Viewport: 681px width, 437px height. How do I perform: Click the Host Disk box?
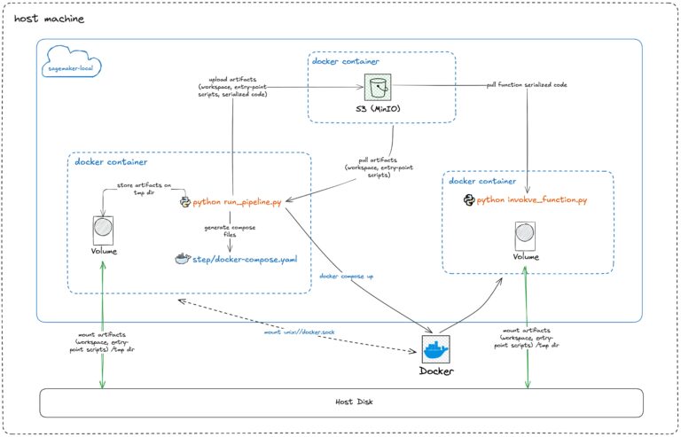[x=341, y=402]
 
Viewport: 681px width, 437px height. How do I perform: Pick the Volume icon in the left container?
[x=104, y=230]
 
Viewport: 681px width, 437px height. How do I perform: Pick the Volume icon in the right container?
[x=525, y=237]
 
